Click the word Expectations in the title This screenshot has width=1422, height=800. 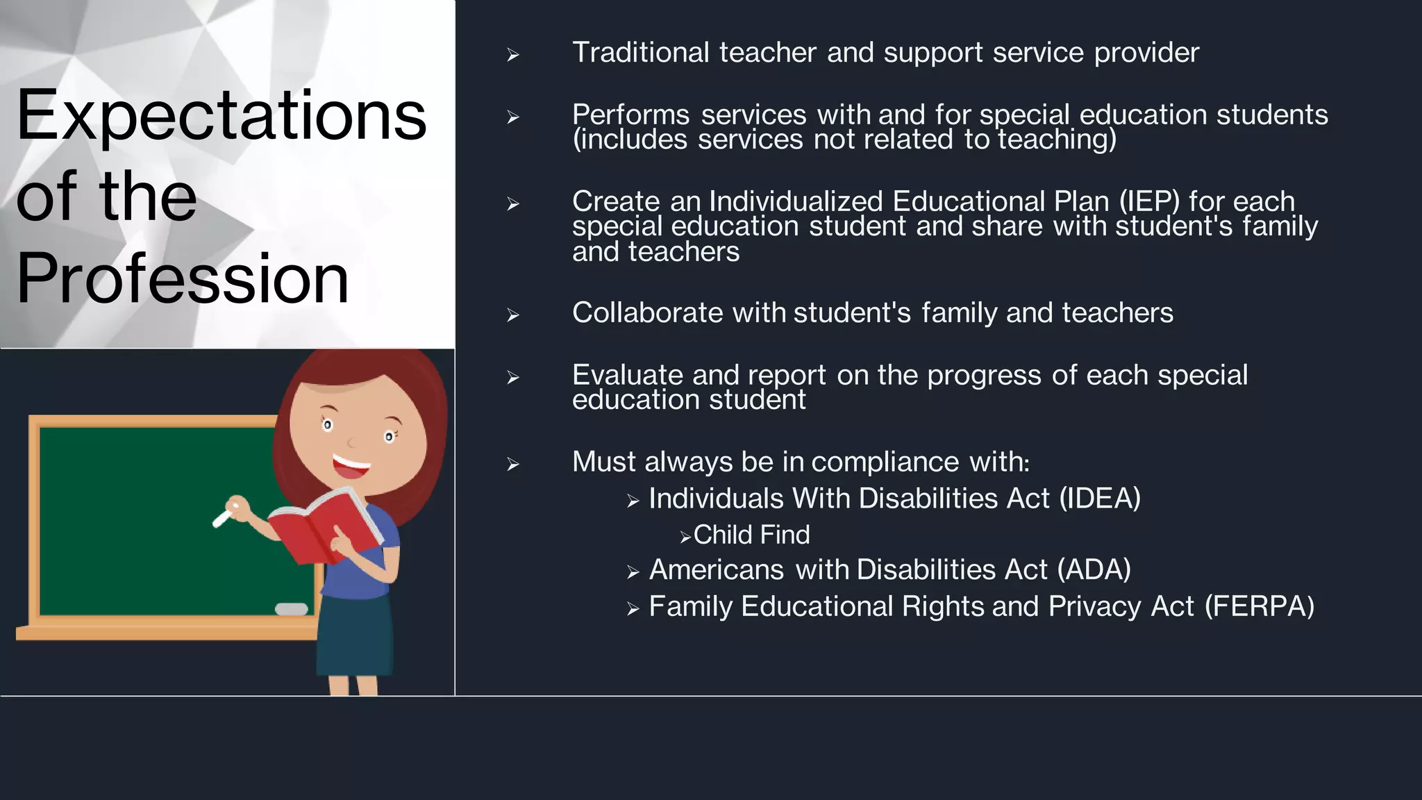[x=221, y=115]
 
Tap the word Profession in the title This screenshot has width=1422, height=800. [x=182, y=278]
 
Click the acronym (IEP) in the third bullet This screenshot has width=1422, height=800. [x=1148, y=201]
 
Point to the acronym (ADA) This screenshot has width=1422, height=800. [x=1094, y=570]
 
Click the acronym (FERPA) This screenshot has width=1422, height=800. [x=1259, y=607]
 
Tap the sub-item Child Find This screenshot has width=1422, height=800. [x=751, y=535]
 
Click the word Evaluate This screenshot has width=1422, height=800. [x=627, y=375]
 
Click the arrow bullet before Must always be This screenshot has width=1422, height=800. [x=513, y=464]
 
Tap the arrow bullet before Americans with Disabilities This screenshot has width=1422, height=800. [x=633, y=572]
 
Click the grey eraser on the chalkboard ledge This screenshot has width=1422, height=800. [x=291, y=609]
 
